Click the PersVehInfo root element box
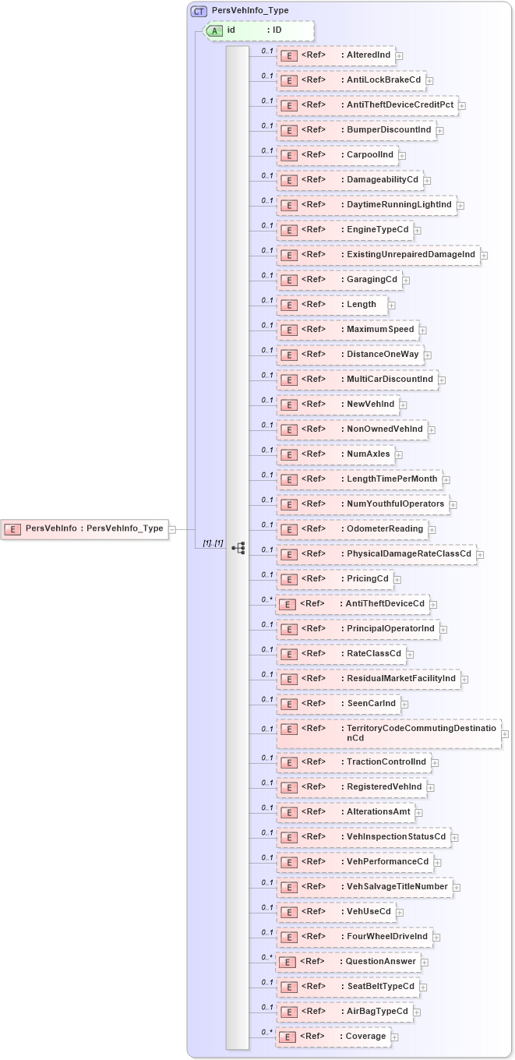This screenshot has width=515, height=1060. pos(84,528)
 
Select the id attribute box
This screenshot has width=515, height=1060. pos(258,30)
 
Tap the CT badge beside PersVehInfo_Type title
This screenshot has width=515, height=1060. pos(199,11)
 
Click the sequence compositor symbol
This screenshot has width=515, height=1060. pos(238,548)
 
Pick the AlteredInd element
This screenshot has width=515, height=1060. pos(336,55)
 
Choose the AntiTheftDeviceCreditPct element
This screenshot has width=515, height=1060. pos(367,105)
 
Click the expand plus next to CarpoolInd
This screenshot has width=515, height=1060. pos(402,156)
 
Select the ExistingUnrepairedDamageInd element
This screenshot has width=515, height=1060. pos(378,255)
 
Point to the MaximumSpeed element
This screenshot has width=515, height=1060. pos(347,330)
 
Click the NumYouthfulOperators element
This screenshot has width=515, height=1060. pos(362,504)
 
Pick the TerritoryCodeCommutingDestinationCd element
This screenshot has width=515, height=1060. pos(389,733)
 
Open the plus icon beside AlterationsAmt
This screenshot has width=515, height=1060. pos(419,813)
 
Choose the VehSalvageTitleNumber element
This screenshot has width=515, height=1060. pos(365,887)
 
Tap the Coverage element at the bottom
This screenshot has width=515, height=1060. pos(333,1037)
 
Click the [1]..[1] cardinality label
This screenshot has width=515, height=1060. pos(213,542)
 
